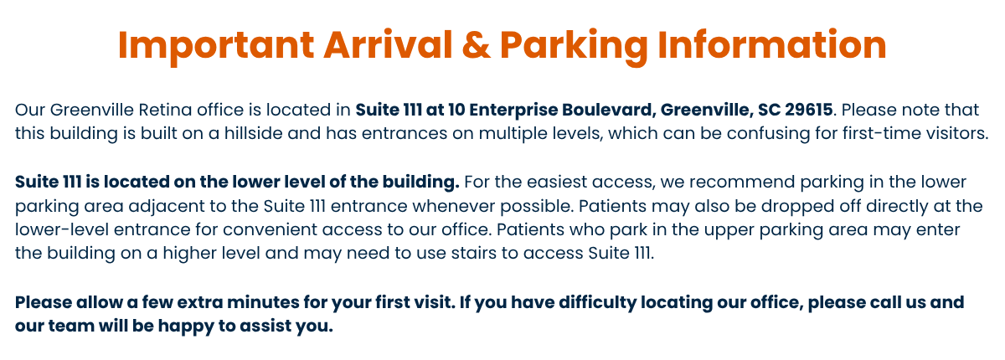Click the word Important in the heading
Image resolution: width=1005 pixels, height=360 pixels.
click(x=216, y=45)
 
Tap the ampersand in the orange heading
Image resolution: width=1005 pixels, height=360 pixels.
click(x=476, y=45)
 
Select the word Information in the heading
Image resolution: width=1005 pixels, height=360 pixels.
click(x=771, y=45)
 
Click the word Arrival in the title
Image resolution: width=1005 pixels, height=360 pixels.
click(x=388, y=44)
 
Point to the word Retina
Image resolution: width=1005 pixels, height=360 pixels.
click(x=165, y=110)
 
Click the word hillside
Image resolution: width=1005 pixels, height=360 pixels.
click(x=254, y=133)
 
